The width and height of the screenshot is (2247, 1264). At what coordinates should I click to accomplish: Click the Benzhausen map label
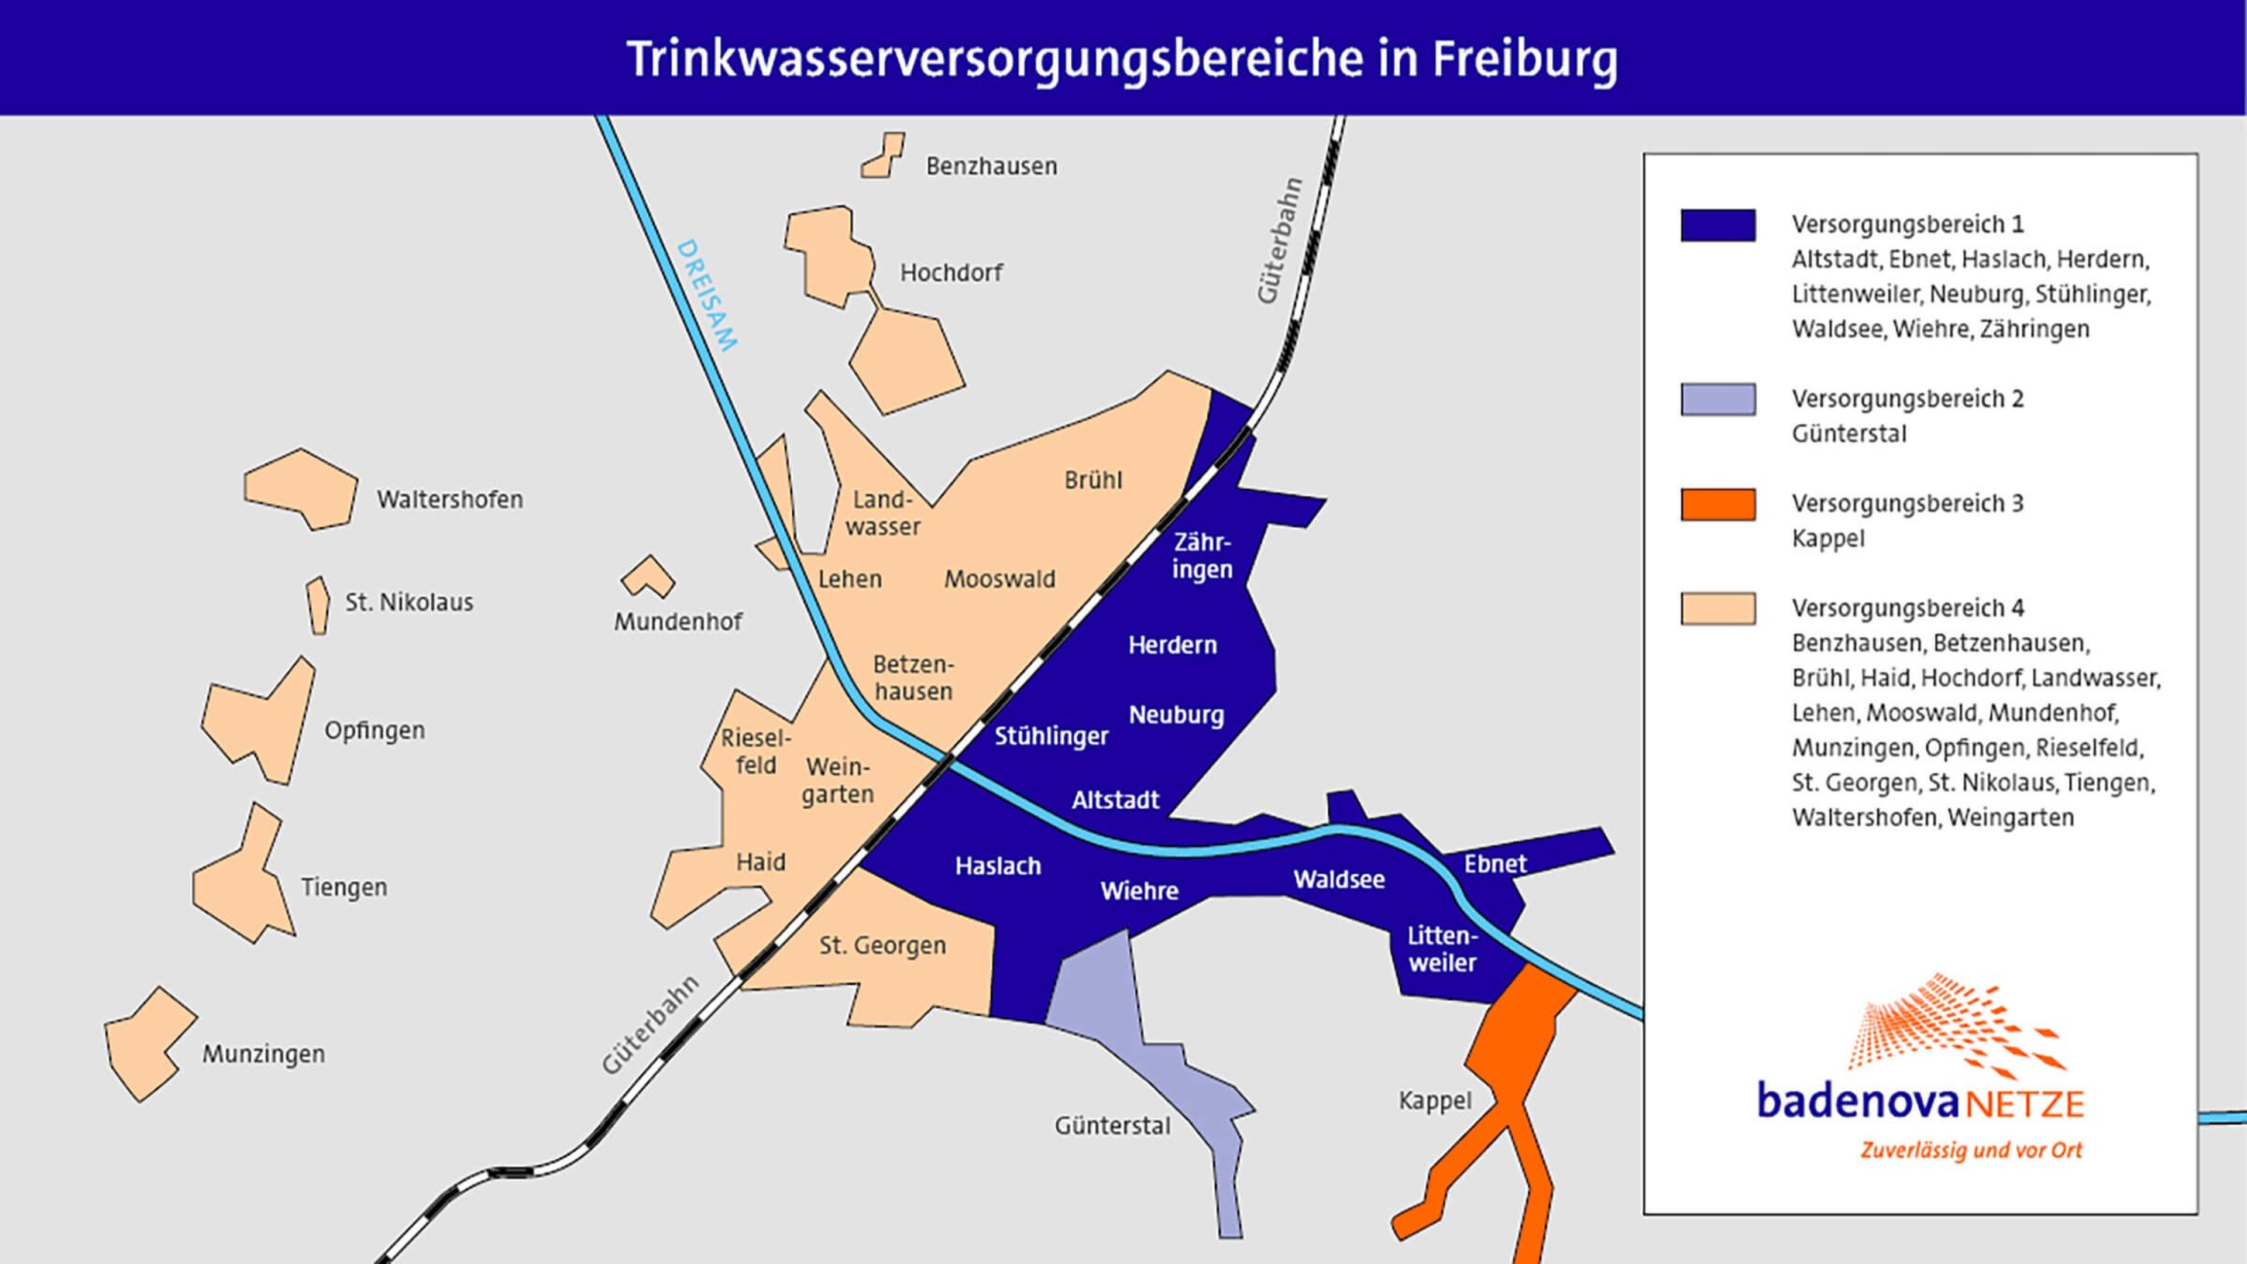click(x=991, y=166)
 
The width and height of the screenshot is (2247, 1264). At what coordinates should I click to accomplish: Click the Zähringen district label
click(x=1202, y=556)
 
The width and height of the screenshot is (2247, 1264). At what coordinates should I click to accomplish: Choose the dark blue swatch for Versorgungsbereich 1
click(x=1717, y=225)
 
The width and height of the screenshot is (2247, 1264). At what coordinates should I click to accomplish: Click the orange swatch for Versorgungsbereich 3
click(x=1717, y=504)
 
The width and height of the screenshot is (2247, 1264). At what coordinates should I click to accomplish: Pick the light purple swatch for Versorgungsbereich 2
click(x=1717, y=400)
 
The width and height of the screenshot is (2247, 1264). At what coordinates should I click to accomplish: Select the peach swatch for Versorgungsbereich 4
click(x=1717, y=609)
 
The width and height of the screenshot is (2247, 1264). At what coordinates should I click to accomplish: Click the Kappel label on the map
click(x=1435, y=1101)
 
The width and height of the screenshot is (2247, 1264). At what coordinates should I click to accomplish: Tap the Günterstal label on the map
click(x=1112, y=1126)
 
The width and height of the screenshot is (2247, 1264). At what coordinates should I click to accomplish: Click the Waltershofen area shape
click(x=301, y=490)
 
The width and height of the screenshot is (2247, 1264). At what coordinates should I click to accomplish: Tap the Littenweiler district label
click(x=1442, y=950)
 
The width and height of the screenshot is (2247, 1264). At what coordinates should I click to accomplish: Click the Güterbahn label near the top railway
click(x=1280, y=241)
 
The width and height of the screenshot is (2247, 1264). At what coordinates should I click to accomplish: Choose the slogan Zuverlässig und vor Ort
click(x=1970, y=1150)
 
